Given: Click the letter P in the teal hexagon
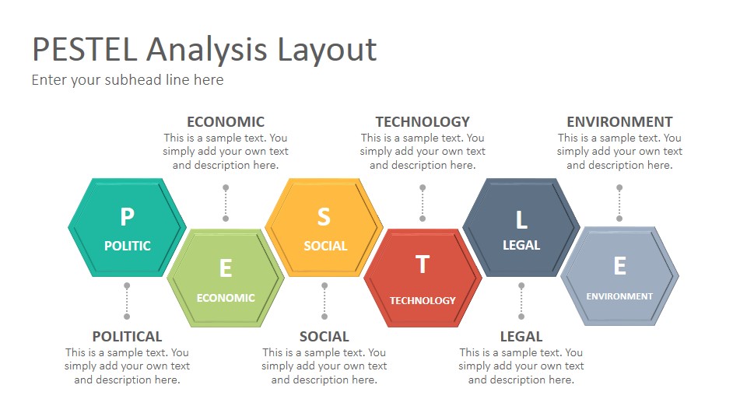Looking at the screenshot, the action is [x=127, y=217].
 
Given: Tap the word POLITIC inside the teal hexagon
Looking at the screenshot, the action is [x=127, y=246].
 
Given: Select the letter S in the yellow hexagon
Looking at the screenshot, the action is [x=324, y=217].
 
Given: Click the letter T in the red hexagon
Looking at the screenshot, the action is [x=423, y=264].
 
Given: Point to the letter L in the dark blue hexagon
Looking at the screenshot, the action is [x=521, y=219].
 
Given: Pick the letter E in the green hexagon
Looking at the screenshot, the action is [x=226, y=268].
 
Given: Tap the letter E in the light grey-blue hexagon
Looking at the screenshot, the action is [x=620, y=266].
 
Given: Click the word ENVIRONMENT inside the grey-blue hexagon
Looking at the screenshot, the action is [x=619, y=296].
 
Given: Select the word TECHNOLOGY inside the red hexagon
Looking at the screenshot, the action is [x=423, y=300].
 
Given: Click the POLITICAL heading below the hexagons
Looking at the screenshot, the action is [x=127, y=337].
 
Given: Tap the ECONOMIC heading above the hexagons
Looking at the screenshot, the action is [x=226, y=122].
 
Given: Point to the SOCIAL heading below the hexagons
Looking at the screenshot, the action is [x=324, y=337].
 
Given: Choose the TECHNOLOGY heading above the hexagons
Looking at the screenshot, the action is [x=423, y=122].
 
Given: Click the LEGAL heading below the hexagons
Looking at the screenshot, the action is [x=521, y=337].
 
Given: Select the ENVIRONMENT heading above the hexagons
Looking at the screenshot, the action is [x=620, y=122].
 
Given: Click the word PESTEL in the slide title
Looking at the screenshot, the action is [x=85, y=50].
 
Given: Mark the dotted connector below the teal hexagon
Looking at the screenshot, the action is [x=127, y=301].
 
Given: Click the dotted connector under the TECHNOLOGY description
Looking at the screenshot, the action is [x=423, y=203].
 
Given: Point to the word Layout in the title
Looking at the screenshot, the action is [x=327, y=51].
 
